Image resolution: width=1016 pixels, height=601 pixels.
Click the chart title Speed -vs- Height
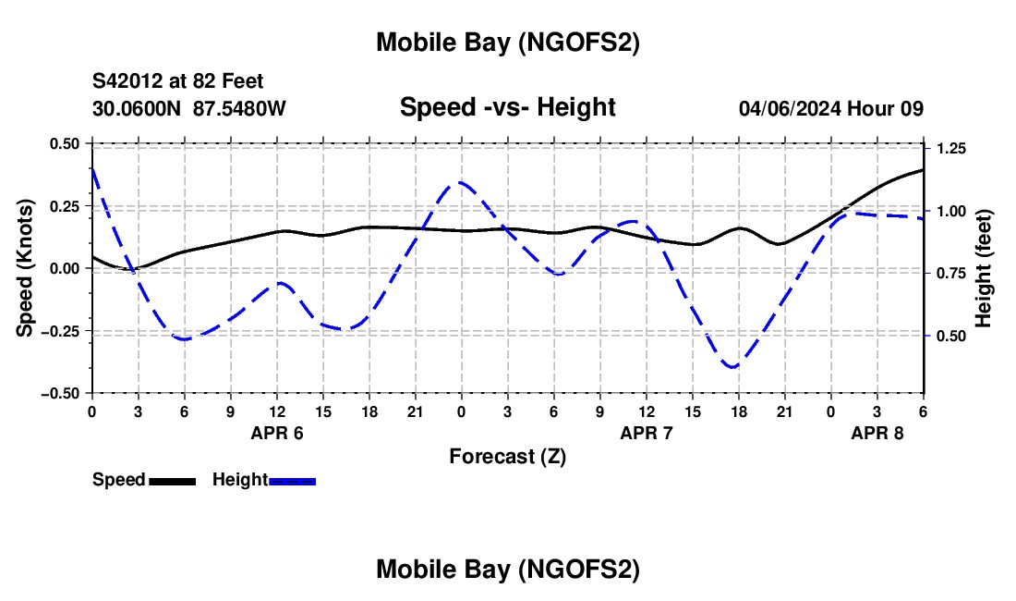[x=507, y=108]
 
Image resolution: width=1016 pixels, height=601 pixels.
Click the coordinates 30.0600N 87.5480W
[x=189, y=109]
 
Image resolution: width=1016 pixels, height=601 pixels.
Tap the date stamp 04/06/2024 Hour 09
[x=830, y=109]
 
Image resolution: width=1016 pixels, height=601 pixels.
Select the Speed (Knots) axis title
[x=27, y=268]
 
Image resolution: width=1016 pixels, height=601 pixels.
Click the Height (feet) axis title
[x=984, y=268]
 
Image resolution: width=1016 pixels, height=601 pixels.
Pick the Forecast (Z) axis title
[x=507, y=456]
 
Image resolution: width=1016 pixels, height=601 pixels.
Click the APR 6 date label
[x=277, y=433]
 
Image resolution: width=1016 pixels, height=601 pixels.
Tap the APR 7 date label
[x=647, y=433]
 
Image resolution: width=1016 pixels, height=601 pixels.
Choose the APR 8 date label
[x=877, y=433]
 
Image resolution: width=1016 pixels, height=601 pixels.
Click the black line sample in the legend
[x=172, y=480]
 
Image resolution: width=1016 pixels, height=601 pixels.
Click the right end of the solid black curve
[x=923, y=170]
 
